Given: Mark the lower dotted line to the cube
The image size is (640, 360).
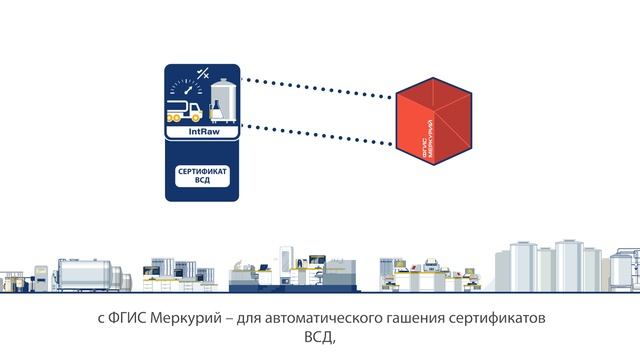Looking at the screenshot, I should pyautogui.click(x=320, y=139).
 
